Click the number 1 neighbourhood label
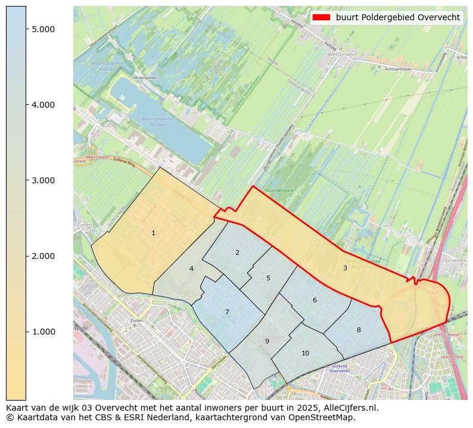click(153, 233)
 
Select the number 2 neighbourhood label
click(237, 252)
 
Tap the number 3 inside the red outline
click(345, 268)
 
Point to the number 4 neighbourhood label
click(191, 268)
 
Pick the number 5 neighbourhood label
click(268, 278)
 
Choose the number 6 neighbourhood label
click(315, 300)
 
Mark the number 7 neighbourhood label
click(227, 312)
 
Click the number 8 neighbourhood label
click(359, 330)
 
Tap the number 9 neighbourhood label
click(267, 341)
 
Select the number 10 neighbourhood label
click(305, 353)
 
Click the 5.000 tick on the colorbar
click(43, 29)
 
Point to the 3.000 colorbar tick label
click(43, 180)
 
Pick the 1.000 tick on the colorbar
click(43, 332)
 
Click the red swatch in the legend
click(322, 17)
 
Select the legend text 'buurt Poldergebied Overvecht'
click(397, 17)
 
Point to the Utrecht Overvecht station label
click(340, 368)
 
